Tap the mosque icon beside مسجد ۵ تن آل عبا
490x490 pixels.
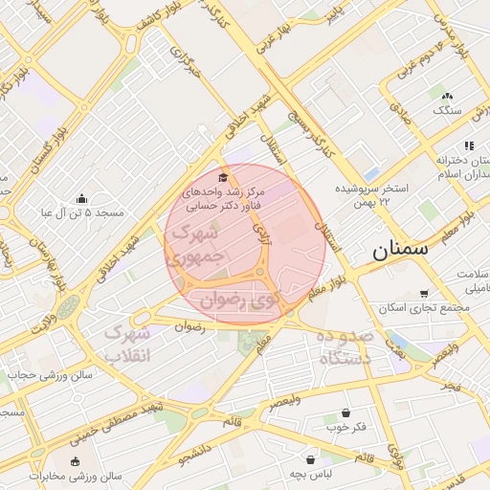coord(81,198)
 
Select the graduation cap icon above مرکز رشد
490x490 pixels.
coord(224,176)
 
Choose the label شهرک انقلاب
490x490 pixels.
coord(126,345)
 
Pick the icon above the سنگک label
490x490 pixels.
coord(446,95)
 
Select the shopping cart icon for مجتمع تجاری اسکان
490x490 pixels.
coord(423,294)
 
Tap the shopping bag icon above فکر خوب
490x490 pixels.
coord(345,412)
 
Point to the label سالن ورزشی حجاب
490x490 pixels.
coord(49,374)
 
